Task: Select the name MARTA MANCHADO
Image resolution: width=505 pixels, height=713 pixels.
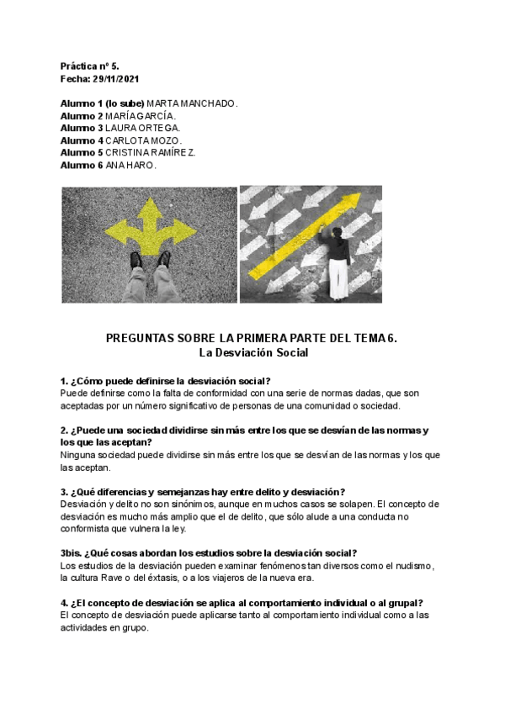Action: tap(193, 103)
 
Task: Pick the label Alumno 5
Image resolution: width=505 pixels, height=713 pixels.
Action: tap(82, 153)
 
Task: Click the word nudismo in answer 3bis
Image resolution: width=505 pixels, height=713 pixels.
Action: tap(407, 566)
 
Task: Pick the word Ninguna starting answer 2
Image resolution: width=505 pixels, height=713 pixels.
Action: tap(80, 455)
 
